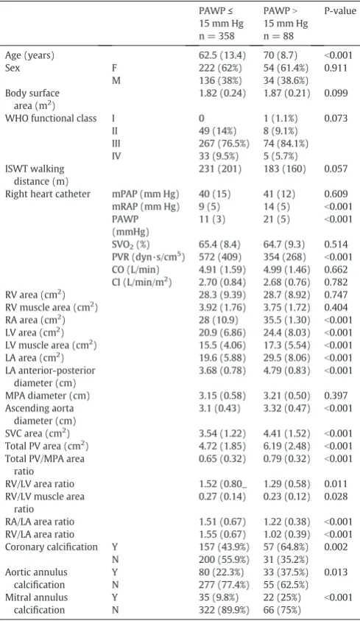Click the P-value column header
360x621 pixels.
340,11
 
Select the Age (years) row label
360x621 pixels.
29,55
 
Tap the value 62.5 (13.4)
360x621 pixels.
222,55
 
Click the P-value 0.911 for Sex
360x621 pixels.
336,68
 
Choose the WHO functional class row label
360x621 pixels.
51,118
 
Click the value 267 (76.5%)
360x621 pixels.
224,144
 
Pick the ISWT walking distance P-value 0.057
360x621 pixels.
336,169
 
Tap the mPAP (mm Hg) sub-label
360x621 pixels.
145,194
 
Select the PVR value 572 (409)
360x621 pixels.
220,257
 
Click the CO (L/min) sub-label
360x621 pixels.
135,270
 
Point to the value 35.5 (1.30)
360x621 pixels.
287,320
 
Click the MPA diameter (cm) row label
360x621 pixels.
47,396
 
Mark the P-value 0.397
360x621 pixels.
336,396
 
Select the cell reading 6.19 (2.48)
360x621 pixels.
287,446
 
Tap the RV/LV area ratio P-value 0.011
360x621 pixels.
336,484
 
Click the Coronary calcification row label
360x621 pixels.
52,547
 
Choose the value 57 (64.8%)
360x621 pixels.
286,547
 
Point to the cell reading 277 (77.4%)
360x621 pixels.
224,585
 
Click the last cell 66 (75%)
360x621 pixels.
282,610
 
